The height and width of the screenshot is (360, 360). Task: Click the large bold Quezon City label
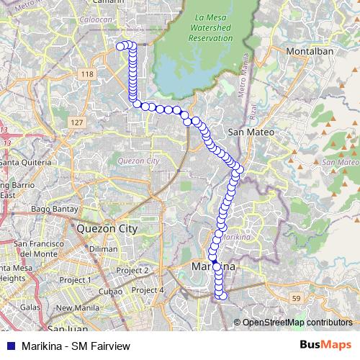[106, 228]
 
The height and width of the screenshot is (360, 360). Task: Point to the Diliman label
[104, 248]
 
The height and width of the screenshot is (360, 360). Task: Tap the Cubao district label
[110, 292]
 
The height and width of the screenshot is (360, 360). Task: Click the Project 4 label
[149, 290]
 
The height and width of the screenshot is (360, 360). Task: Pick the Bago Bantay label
[49, 210]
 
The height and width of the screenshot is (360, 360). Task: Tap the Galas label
[30, 307]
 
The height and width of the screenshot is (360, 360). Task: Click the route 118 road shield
[88, 74]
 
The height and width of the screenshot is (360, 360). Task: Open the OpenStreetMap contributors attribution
[297, 322]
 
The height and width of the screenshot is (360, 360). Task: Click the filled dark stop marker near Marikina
[213, 260]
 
